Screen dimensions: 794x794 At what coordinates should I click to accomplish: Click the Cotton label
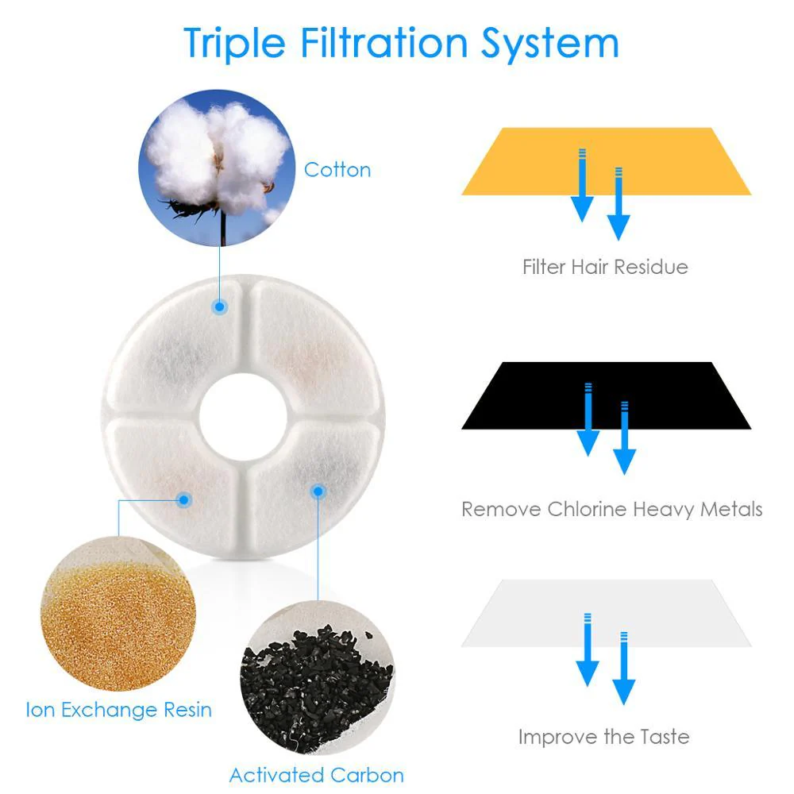pos(337,170)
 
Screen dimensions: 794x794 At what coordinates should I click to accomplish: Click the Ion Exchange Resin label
pos(119,708)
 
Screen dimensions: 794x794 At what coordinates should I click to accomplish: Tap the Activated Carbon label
pos(317,774)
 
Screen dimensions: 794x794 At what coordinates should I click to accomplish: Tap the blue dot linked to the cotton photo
pos(218,306)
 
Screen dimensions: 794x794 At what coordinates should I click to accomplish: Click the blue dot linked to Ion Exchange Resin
pos(184,500)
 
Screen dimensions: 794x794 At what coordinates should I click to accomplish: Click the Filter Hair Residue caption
pos(605,266)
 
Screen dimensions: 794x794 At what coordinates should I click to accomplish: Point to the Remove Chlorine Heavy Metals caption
pos(611,508)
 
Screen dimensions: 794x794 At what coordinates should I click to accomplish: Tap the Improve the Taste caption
pos(603,736)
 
